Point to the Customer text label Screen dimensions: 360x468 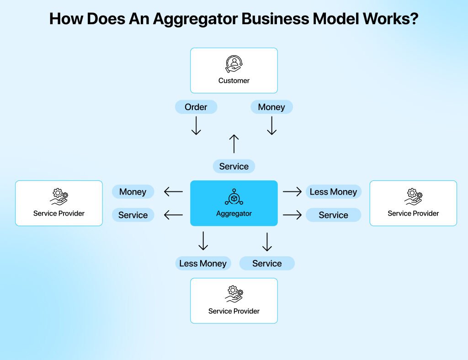(x=234, y=80)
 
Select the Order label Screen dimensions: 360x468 (x=196, y=107)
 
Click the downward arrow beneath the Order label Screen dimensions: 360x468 (x=196, y=126)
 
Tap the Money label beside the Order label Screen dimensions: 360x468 (x=271, y=107)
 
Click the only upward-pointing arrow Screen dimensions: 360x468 (x=234, y=143)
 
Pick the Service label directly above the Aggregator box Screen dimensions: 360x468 (x=234, y=166)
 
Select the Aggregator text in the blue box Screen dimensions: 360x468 (x=234, y=213)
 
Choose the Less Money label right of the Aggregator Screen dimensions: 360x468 (x=333, y=192)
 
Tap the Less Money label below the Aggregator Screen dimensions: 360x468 (x=203, y=263)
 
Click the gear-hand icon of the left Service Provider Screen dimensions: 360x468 (x=59, y=197)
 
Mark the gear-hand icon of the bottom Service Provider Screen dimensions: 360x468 (x=234, y=294)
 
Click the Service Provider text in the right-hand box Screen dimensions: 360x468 (x=413, y=213)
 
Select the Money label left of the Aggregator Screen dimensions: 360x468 (x=133, y=192)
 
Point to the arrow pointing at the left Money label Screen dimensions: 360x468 (x=173, y=192)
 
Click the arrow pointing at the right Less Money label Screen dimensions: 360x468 (x=292, y=192)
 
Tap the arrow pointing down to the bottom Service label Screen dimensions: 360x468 (x=267, y=242)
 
